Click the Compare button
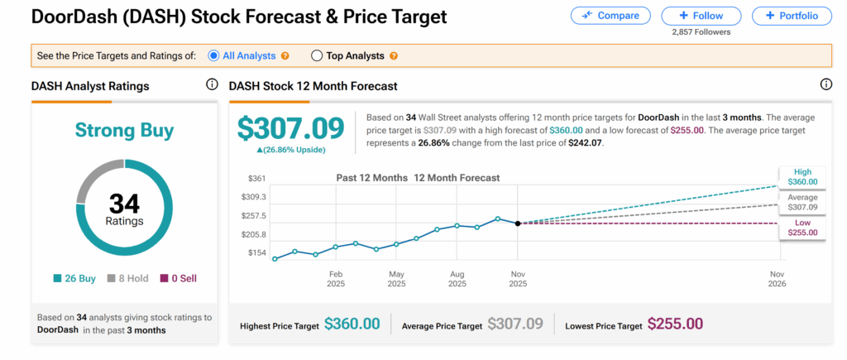pos(610,16)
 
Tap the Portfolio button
pos(792,16)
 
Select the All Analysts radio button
pos(213,55)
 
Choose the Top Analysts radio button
pos(317,55)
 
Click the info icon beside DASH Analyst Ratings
pos(211,84)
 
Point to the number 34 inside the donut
pos(125,203)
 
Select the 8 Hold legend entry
pos(128,278)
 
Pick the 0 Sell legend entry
pos(179,278)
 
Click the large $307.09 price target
pos(290,128)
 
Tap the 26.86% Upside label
pos(290,150)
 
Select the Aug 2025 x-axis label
pos(457,279)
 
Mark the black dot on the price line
pos(518,223)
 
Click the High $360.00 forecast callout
pos(802,176)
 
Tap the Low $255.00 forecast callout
pos(802,227)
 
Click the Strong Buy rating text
pos(125,130)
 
